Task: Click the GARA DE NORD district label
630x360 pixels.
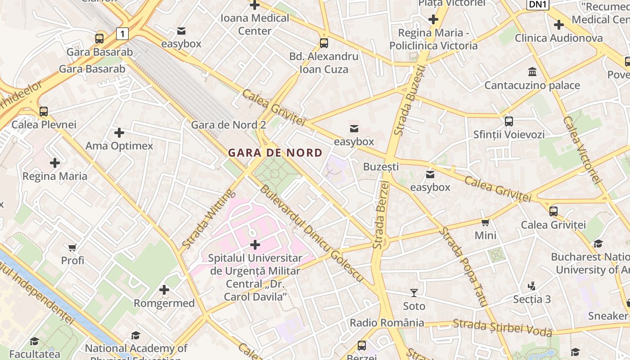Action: coord(275,153)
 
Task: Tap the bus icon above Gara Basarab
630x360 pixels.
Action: coord(99,39)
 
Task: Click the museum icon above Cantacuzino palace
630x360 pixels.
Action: coord(532,72)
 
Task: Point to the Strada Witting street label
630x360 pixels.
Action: coord(209,219)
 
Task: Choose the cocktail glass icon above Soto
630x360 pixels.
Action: coord(414,293)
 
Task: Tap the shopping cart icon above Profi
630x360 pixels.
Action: coord(72,247)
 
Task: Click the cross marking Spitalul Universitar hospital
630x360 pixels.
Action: coord(255,245)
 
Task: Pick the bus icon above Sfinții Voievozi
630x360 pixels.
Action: coord(509,121)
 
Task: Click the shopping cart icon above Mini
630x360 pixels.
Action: coord(485,222)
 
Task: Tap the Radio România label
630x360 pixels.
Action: coord(387,323)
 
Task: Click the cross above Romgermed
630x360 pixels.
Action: coord(164,290)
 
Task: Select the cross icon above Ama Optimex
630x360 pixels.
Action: coord(119,133)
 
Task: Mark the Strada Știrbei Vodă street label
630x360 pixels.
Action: coord(502,327)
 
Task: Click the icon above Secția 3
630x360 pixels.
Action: coord(532,286)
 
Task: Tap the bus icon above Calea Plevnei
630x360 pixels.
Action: coord(44,111)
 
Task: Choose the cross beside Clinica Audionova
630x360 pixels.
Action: coord(559,25)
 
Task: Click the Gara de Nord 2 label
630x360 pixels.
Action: coord(229,125)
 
